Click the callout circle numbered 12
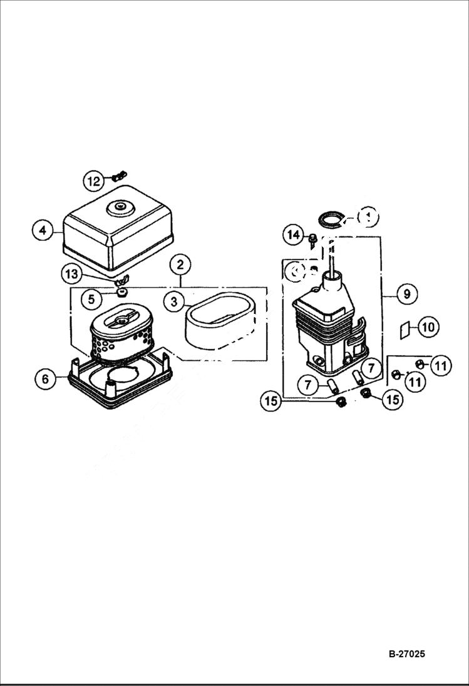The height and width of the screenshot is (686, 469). tap(93, 182)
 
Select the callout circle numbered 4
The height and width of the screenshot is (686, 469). tap(42, 230)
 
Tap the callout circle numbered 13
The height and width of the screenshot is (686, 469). tap(71, 273)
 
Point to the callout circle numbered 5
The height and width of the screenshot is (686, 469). tap(91, 299)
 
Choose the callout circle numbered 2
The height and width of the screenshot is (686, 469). tap(180, 264)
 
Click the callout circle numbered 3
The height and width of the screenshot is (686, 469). tap(174, 301)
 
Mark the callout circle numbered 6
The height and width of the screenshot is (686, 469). tap(45, 379)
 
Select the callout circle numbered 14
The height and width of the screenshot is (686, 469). tap(292, 235)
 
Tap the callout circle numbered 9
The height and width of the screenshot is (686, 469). tap(406, 293)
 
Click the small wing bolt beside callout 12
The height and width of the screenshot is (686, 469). tap(120, 177)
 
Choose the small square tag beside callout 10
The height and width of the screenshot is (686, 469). tap(405, 328)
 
